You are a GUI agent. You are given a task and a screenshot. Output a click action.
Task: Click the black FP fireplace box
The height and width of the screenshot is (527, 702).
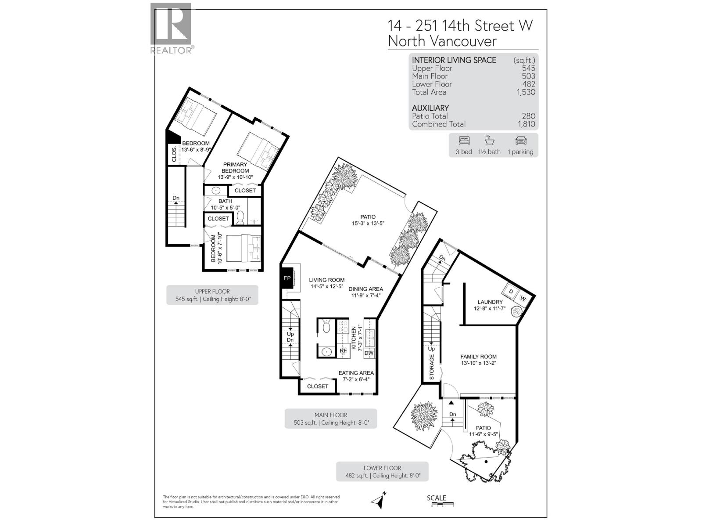[287, 278]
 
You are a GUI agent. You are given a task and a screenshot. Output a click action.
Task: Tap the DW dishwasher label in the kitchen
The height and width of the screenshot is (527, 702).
[369, 353]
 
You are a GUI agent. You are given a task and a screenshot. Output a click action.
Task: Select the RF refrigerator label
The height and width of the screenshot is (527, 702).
[344, 350]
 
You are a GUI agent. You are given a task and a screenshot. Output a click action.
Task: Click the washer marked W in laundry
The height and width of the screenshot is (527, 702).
[523, 299]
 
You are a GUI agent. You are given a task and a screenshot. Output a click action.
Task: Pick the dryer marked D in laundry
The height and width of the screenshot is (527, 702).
[511, 292]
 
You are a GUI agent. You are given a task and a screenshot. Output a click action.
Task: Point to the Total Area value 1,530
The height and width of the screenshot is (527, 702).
[526, 92]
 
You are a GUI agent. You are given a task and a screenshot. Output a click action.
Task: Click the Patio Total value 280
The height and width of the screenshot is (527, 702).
[529, 116]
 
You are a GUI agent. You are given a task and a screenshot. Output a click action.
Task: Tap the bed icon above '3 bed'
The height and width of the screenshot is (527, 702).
[464, 141]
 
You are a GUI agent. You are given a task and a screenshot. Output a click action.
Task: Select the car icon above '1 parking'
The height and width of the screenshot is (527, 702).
[520, 141]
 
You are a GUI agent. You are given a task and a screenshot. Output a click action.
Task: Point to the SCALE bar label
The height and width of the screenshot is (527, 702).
[437, 498]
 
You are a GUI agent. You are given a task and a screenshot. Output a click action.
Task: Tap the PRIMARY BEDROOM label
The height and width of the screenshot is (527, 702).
[235, 167]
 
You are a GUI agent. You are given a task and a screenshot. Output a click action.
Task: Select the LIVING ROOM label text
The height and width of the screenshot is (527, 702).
[326, 280]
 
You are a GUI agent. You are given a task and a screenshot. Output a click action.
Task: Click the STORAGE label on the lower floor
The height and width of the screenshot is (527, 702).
[432, 367]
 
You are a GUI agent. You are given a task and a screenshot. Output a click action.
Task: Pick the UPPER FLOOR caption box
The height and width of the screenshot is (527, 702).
[212, 295]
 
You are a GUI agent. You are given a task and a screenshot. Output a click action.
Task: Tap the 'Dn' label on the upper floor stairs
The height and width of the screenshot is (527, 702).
[176, 198]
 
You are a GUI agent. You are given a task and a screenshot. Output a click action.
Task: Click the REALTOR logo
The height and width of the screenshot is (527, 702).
[171, 29]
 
